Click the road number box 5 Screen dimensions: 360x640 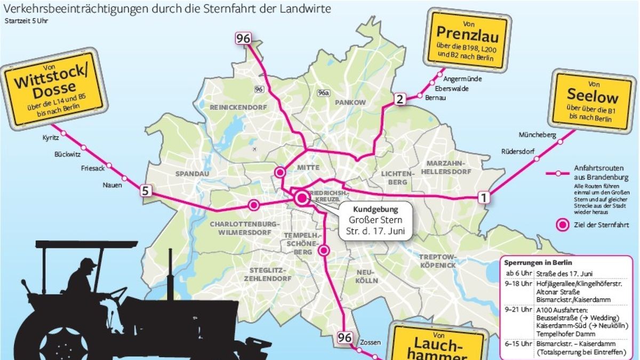(x=146, y=191)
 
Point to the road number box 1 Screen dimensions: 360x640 (x=483, y=198)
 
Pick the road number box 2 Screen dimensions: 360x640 (x=400, y=99)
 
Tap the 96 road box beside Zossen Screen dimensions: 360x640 (x=344, y=338)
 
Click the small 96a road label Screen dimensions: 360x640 (x=323, y=92)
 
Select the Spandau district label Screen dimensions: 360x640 (x=190, y=174)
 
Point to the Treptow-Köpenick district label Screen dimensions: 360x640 (x=437, y=261)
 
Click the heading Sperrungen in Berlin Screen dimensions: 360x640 (x=538, y=263)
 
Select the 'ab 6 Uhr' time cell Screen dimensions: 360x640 (x=518, y=274)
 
